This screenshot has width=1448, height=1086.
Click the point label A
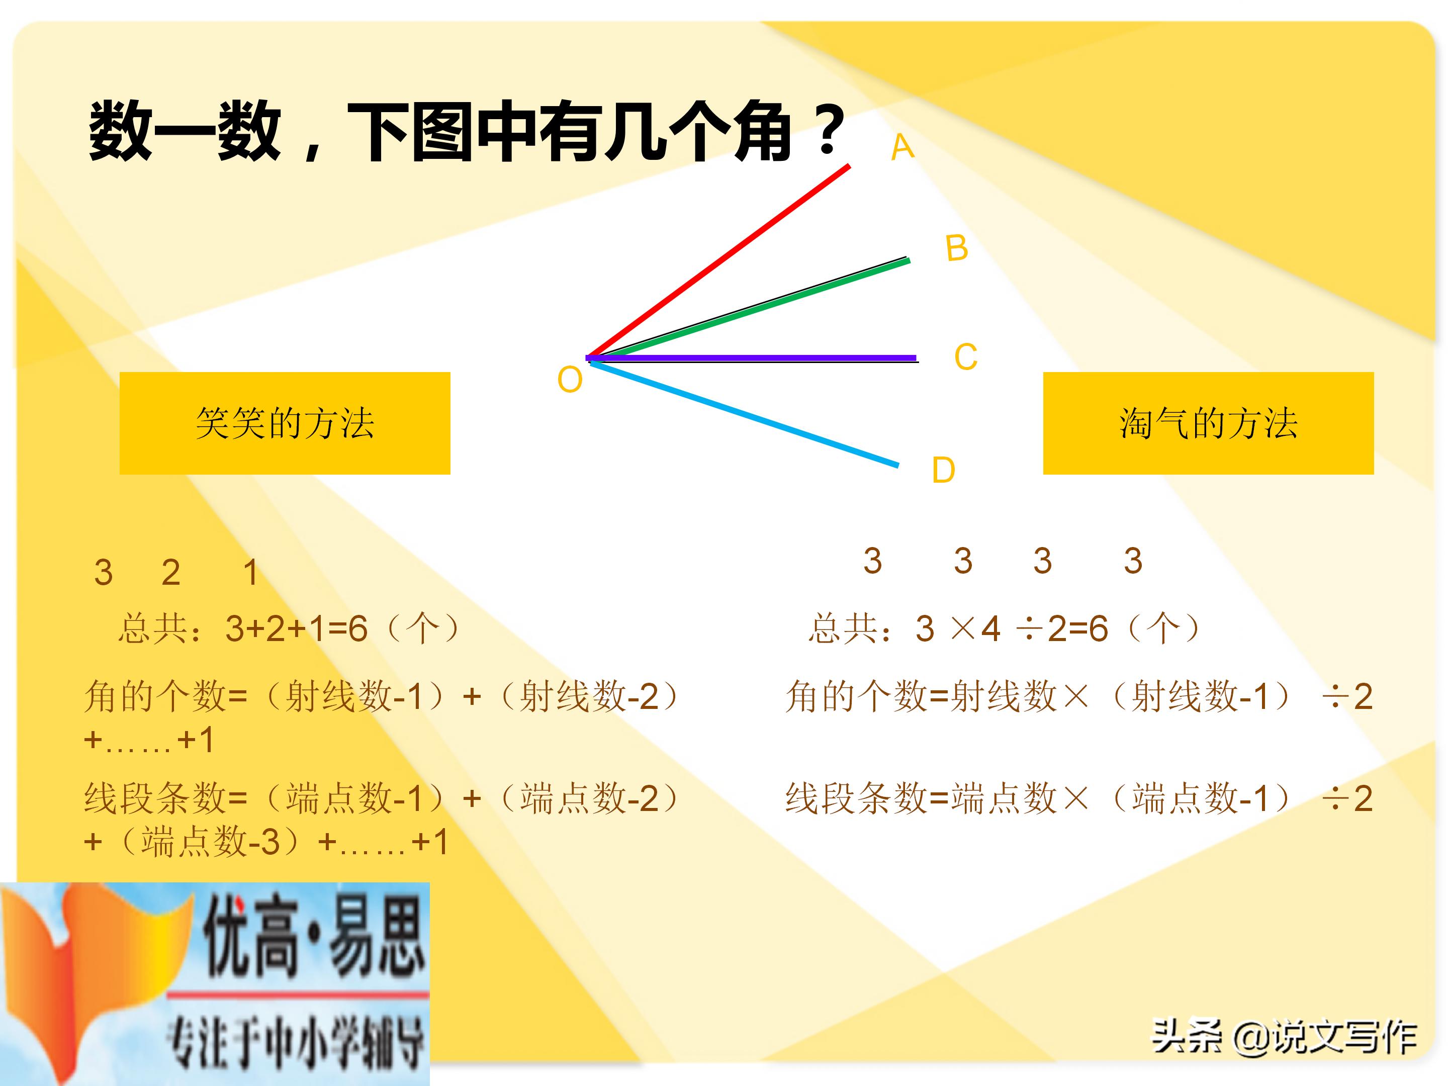(902, 147)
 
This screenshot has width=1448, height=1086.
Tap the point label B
(956, 248)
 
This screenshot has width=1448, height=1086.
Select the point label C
(965, 357)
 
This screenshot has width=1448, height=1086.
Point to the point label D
(943, 470)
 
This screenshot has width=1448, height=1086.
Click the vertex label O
(570, 380)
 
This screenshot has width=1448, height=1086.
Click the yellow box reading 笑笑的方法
(285, 423)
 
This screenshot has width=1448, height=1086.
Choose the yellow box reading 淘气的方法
(1208, 423)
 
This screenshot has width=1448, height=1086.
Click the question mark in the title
(829, 130)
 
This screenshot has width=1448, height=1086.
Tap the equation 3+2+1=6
(296, 628)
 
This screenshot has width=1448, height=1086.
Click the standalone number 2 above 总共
(171, 572)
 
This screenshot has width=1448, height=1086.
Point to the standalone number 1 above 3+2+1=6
(250, 572)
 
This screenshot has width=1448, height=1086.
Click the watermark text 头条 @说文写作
(1285, 1037)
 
